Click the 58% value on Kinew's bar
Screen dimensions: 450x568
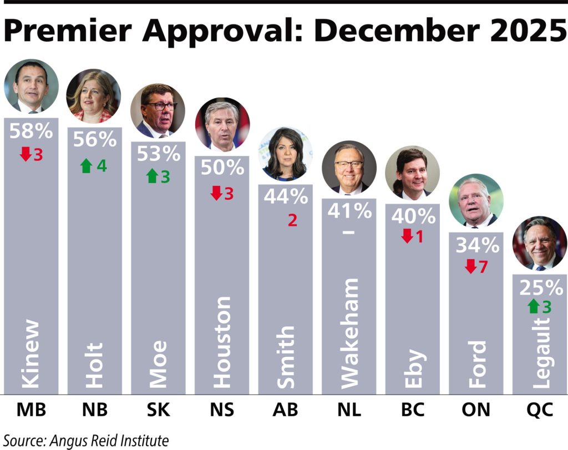pyautogui.click(x=32, y=132)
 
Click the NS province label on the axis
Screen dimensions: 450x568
pyautogui.click(x=222, y=411)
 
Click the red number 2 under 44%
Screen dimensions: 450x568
pyautogui.click(x=292, y=220)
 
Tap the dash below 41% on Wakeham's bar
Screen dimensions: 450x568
pyautogui.click(x=349, y=231)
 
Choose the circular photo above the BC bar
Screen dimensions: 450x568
pyautogui.click(x=412, y=172)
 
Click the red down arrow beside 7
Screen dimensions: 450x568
pyautogui.click(x=470, y=266)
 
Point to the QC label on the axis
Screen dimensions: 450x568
pyautogui.click(x=539, y=411)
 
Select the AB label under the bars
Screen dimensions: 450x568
pyautogui.click(x=285, y=411)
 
